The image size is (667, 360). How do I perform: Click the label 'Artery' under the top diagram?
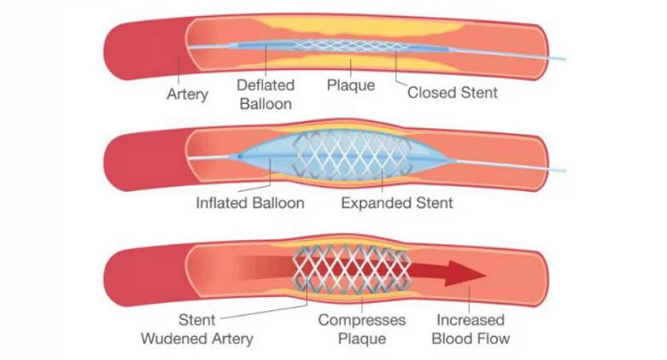[x=188, y=93]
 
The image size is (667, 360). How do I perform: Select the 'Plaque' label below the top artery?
[x=350, y=85]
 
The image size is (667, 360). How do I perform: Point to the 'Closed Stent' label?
[x=452, y=92]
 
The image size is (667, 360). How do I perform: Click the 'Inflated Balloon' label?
[x=250, y=203]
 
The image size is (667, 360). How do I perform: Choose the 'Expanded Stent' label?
[x=397, y=203]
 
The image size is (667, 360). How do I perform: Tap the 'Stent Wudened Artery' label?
[x=197, y=329]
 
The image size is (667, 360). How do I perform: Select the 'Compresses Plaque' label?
[x=362, y=329]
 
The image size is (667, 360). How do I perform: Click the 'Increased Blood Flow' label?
[x=470, y=329]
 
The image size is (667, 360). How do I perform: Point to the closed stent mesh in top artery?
[x=351, y=45]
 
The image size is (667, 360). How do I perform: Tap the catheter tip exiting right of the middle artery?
[x=562, y=170]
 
